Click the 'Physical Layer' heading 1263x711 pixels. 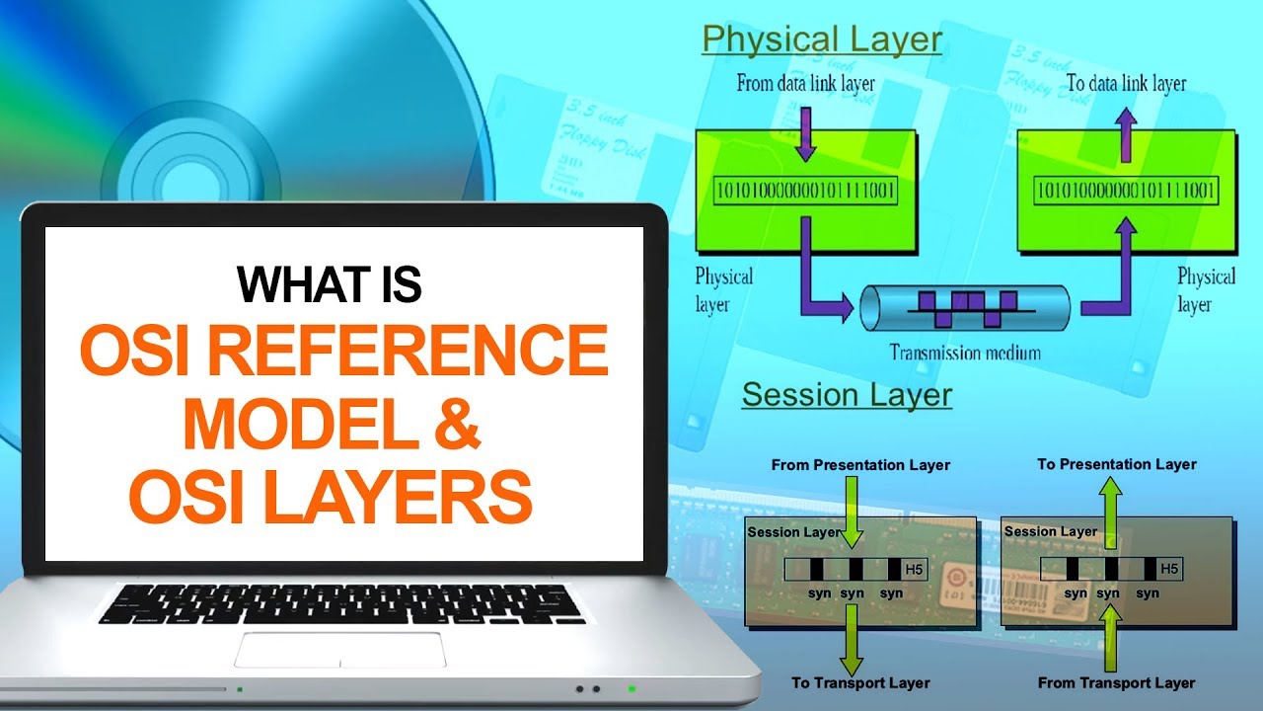(822, 40)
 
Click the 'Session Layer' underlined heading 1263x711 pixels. (847, 395)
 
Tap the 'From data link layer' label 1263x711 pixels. (805, 84)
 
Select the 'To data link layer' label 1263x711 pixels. (1126, 84)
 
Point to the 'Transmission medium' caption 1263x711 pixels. (964, 352)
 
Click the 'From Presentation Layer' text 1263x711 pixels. (860, 464)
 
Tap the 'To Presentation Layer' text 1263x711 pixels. (1117, 464)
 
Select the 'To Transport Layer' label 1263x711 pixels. (860, 682)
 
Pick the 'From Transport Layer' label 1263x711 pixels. (1116, 682)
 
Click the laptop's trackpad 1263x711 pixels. (339, 649)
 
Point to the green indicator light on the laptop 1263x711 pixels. (631, 688)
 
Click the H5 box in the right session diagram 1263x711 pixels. (1169, 569)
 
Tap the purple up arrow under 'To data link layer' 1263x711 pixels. (1125, 132)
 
